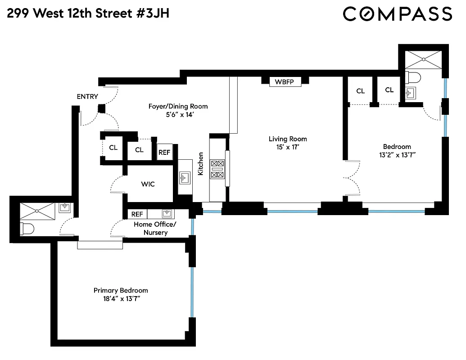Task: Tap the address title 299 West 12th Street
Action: coord(88,13)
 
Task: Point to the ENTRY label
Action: coord(87,96)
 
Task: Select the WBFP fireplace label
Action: coord(285,82)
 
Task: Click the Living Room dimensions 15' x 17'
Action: coord(288,147)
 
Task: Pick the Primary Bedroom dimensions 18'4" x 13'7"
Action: coord(120,298)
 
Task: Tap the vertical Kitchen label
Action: coord(201,164)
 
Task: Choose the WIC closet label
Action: coord(148,184)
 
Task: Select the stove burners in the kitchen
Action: coord(217,169)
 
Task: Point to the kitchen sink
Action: coord(185,178)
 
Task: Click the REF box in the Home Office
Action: coord(137,214)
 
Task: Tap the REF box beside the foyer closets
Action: coord(164,152)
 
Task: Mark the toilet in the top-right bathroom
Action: coord(413,78)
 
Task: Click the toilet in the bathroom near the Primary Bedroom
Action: coord(28,229)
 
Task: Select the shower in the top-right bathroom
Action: coord(423,59)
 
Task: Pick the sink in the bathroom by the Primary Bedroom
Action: coord(65,207)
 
